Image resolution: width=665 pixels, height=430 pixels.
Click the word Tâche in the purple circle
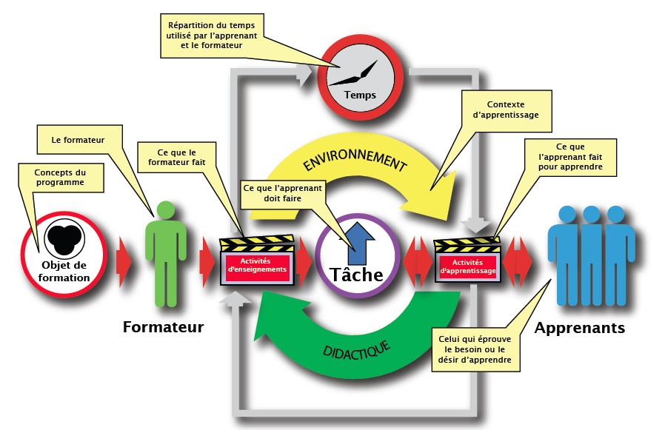click(x=358, y=275)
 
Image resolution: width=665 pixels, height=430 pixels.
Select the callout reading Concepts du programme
click(x=61, y=177)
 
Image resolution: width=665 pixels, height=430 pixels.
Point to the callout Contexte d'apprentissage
click(x=506, y=110)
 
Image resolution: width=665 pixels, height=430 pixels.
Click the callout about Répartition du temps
click(x=212, y=35)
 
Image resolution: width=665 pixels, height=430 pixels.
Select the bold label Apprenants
click(x=579, y=327)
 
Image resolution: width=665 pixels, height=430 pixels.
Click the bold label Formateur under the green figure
click(x=163, y=326)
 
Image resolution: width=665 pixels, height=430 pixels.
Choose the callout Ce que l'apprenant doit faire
click(x=282, y=194)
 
